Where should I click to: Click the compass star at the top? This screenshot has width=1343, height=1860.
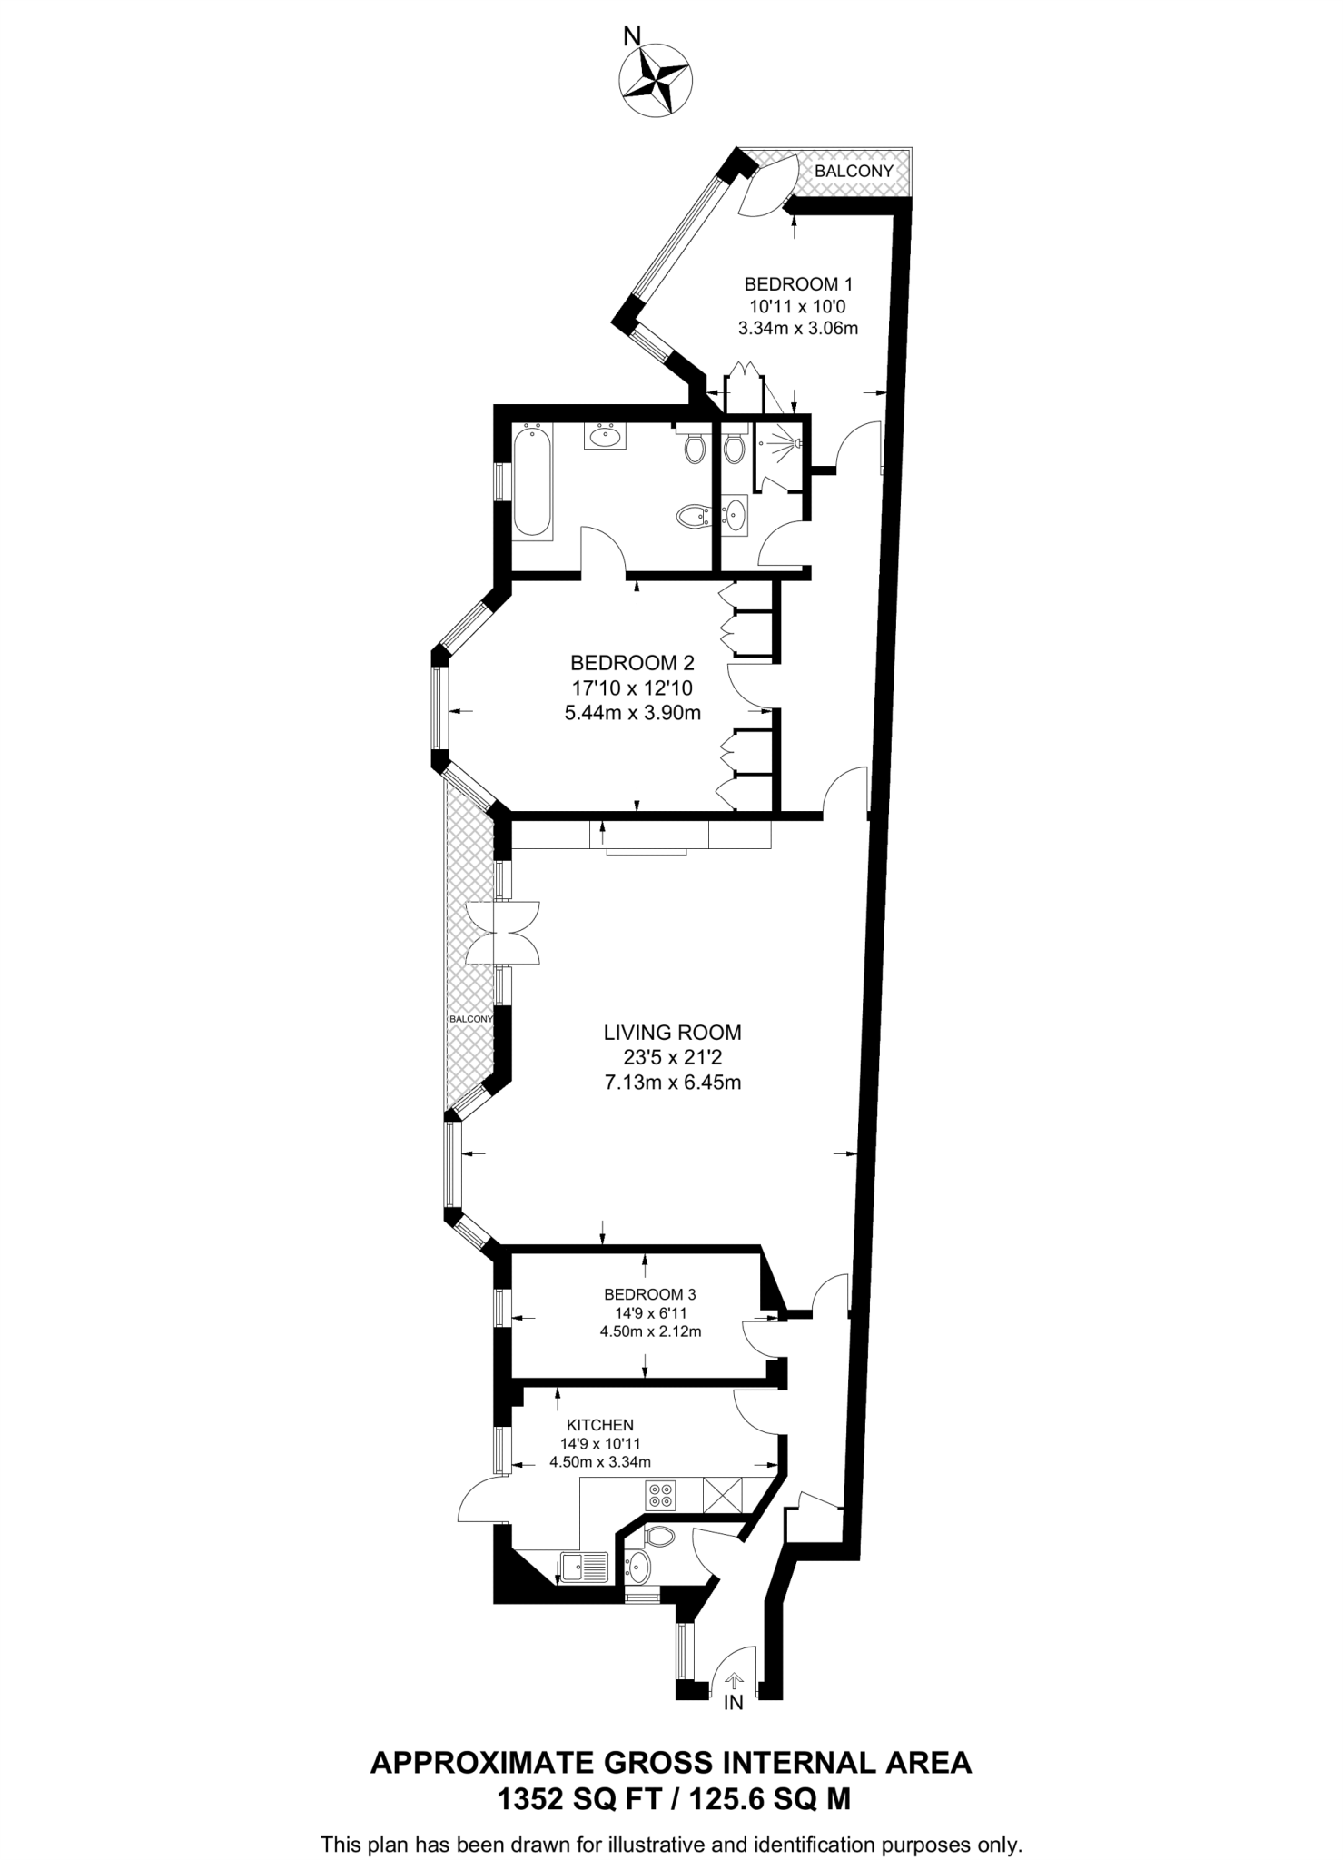(654, 81)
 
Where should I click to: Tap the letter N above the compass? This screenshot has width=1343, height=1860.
(632, 36)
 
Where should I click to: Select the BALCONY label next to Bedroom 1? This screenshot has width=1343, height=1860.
(854, 171)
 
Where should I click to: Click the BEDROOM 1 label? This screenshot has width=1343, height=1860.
(798, 283)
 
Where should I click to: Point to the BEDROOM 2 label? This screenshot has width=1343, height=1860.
(632, 663)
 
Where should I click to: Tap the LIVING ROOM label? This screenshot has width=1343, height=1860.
(672, 1033)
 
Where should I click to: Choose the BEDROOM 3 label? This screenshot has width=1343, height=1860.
(650, 1294)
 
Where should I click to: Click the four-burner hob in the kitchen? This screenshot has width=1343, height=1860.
(660, 1495)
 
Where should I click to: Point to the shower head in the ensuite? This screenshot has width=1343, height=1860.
(796, 443)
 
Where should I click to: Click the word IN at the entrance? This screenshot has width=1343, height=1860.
(734, 1704)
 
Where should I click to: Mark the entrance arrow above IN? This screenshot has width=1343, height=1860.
(734, 1682)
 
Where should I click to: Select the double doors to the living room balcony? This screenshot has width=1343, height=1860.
(502, 933)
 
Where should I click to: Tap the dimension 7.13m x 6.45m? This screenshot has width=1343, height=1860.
(672, 1083)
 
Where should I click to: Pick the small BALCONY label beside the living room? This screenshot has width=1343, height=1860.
(471, 1019)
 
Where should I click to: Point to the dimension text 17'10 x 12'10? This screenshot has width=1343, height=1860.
(632, 688)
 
